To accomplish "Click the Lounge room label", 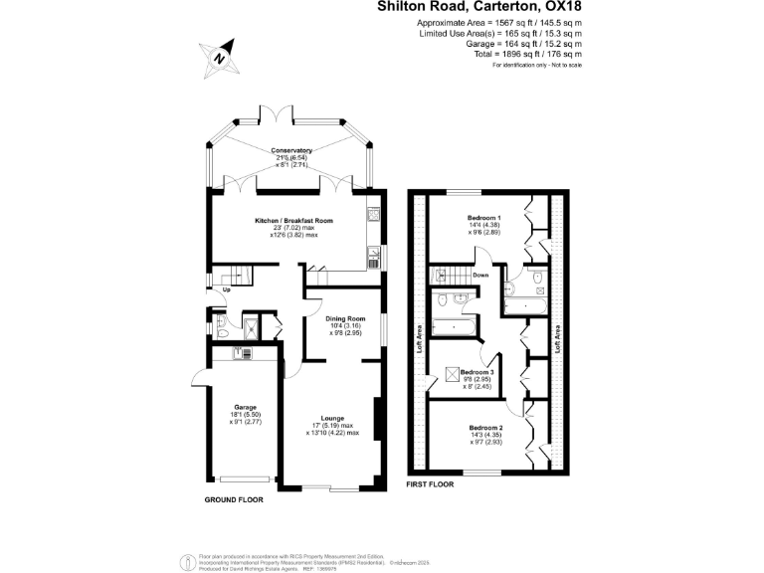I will pyautogui.click(x=332, y=418).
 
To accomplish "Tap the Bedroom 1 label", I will pyautogui.click(x=484, y=217).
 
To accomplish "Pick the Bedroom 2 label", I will pyautogui.click(x=486, y=427).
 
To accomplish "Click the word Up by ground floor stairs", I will pyautogui.click(x=226, y=289).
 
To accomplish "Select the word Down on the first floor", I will pyautogui.click(x=480, y=276).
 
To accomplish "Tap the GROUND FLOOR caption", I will pyautogui.click(x=234, y=500).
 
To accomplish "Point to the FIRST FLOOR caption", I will pyautogui.click(x=430, y=484).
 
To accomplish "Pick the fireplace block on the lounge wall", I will pyautogui.click(x=376, y=418).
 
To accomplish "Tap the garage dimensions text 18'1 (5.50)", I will pyautogui.click(x=245, y=416).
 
